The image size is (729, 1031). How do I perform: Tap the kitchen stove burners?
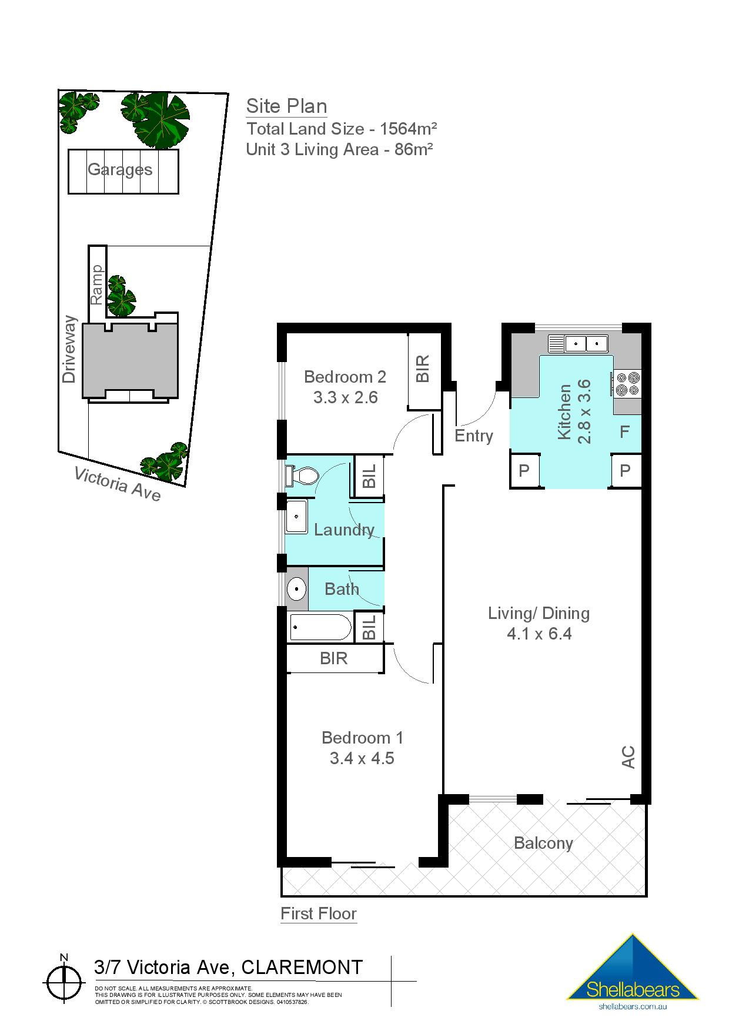[627, 383]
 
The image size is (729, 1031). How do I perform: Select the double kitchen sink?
[577, 343]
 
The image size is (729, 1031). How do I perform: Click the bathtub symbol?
[320, 628]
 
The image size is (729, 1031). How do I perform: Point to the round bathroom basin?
[296, 588]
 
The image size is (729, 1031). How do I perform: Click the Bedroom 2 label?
[345, 377]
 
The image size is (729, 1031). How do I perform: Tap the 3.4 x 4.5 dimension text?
[362, 758]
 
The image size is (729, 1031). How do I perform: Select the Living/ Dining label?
[539, 613]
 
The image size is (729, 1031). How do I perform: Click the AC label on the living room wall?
[628, 756]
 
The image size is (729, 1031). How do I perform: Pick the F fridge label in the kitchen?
[624, 432]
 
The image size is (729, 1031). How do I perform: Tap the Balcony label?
[543, 843]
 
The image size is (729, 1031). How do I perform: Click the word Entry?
[473, 436]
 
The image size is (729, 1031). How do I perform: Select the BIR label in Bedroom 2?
[423, 369]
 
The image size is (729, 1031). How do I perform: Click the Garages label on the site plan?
[120, 170]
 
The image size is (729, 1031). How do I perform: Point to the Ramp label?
[97, 284]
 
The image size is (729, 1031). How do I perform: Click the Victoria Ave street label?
[117, 484]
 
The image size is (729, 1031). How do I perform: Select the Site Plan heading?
[286, 106]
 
